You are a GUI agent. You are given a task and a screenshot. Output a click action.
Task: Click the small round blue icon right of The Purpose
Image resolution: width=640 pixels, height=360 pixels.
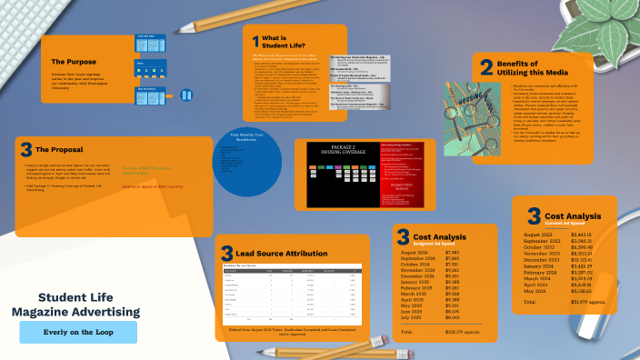click(x=187, y=95)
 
